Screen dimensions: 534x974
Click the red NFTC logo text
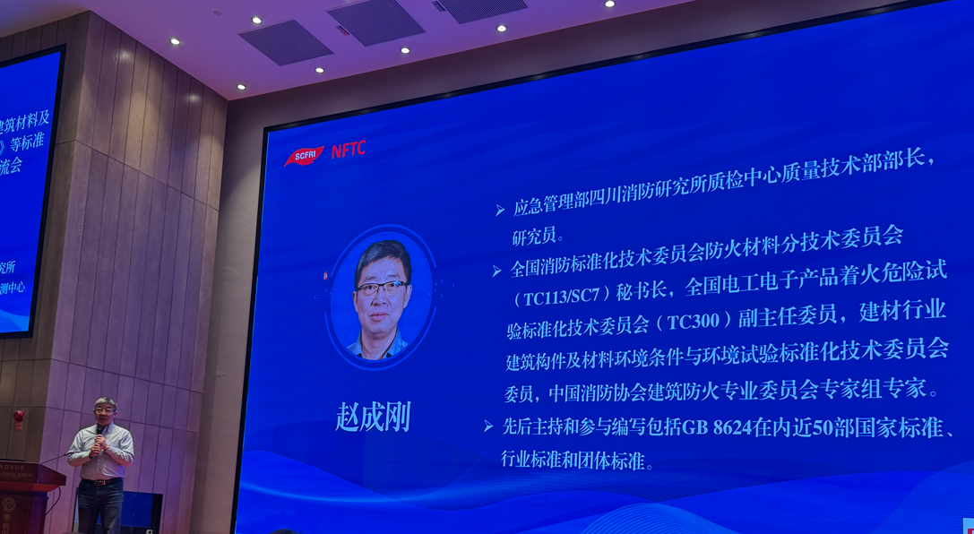point(348,151)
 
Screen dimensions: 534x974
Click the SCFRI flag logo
point(304,157)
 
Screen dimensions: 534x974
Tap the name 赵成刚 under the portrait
point(373,418)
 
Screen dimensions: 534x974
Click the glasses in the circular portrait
point(382,289)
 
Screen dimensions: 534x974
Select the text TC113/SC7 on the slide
point(565,293)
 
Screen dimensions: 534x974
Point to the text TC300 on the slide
point(698,319)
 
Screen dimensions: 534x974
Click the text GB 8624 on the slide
point(715,429)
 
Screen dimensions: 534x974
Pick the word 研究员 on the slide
point(538,237)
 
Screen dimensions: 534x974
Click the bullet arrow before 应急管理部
point(500,211)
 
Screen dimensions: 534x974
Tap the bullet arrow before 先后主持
point(488,427)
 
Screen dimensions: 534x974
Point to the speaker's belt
point(101,482)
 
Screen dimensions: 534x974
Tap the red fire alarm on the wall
point(18,418)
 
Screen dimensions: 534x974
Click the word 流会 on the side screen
point(11,167)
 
